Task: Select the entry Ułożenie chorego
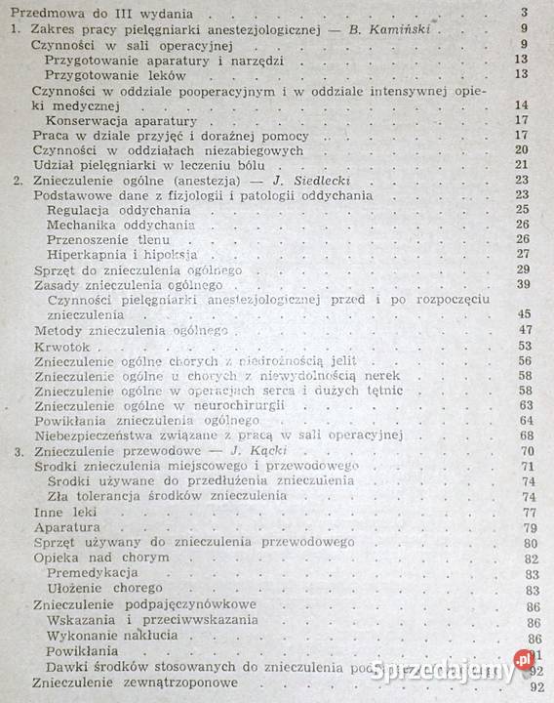106,589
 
